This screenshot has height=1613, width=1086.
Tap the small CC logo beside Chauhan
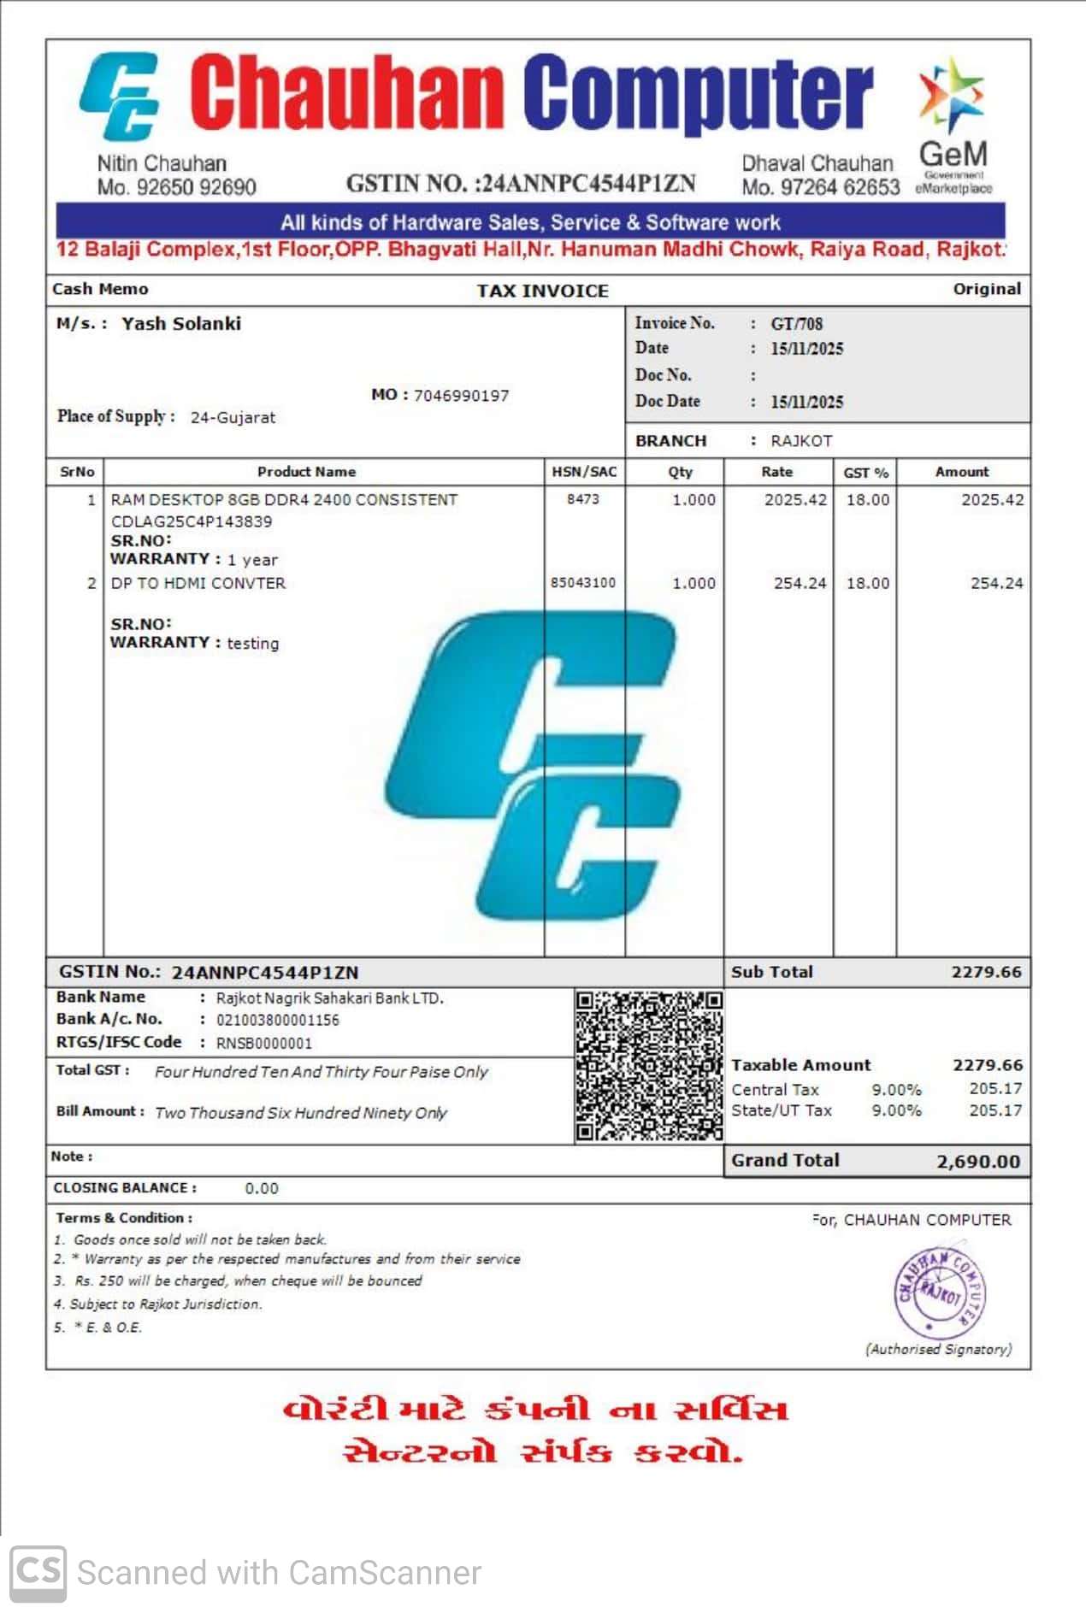tap(121, 96)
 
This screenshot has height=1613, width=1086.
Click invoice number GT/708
tap(796, 324)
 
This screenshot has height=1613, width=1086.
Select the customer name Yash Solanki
tap(181, 324)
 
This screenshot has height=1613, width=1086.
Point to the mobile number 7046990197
tap(461, 396)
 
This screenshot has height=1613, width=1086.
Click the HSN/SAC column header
tap(584, 472)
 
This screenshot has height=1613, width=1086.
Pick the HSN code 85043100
tap(583, 583)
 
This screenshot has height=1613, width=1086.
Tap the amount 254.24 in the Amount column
tap(996, 584)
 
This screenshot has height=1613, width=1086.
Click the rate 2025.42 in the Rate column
tap(795, 500)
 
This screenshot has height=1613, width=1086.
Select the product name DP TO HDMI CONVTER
tap(198, 584)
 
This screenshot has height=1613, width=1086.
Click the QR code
tap(649, 1065)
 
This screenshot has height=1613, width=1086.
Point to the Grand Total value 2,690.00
tap(978, 1162)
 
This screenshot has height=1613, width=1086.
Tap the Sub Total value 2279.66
tap(986, 973)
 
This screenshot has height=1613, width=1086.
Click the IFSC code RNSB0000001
tap(264, 1044)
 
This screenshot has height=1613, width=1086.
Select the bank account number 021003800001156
tap(278, 1021)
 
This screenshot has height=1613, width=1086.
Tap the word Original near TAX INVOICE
tap(987, 290)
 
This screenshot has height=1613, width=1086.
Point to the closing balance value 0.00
tap(262, 1189)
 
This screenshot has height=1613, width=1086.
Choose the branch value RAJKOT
tap(801, 441)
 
